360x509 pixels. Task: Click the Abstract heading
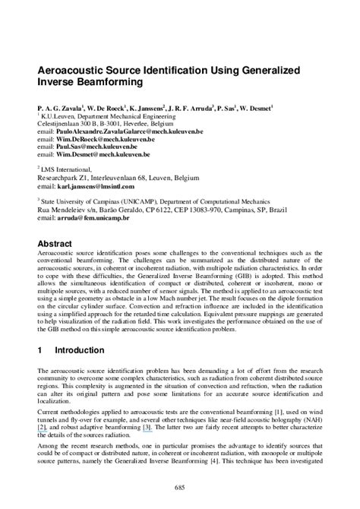click(x=55, y=243)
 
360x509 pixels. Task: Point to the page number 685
click(x=179, y=486)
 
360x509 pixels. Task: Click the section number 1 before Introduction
click(x=39, y=351)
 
